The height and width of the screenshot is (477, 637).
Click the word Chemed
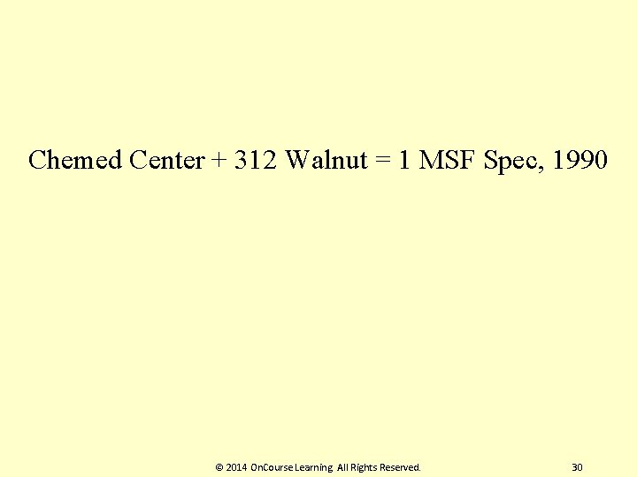(x=75, y=161)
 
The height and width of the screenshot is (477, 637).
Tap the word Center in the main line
(x=166, y=161)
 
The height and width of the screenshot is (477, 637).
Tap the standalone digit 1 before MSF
(x=405, y=161)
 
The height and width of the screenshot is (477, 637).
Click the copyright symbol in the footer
(x=219, y=466)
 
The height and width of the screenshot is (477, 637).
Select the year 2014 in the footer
(x=236, y=466)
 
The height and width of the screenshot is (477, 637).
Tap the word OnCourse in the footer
(x=274, y=466)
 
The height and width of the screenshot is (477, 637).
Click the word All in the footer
(x=342, y=466)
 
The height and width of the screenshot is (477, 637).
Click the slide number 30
(x=578, y=466)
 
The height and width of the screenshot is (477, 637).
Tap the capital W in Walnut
(x=297, y=161)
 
